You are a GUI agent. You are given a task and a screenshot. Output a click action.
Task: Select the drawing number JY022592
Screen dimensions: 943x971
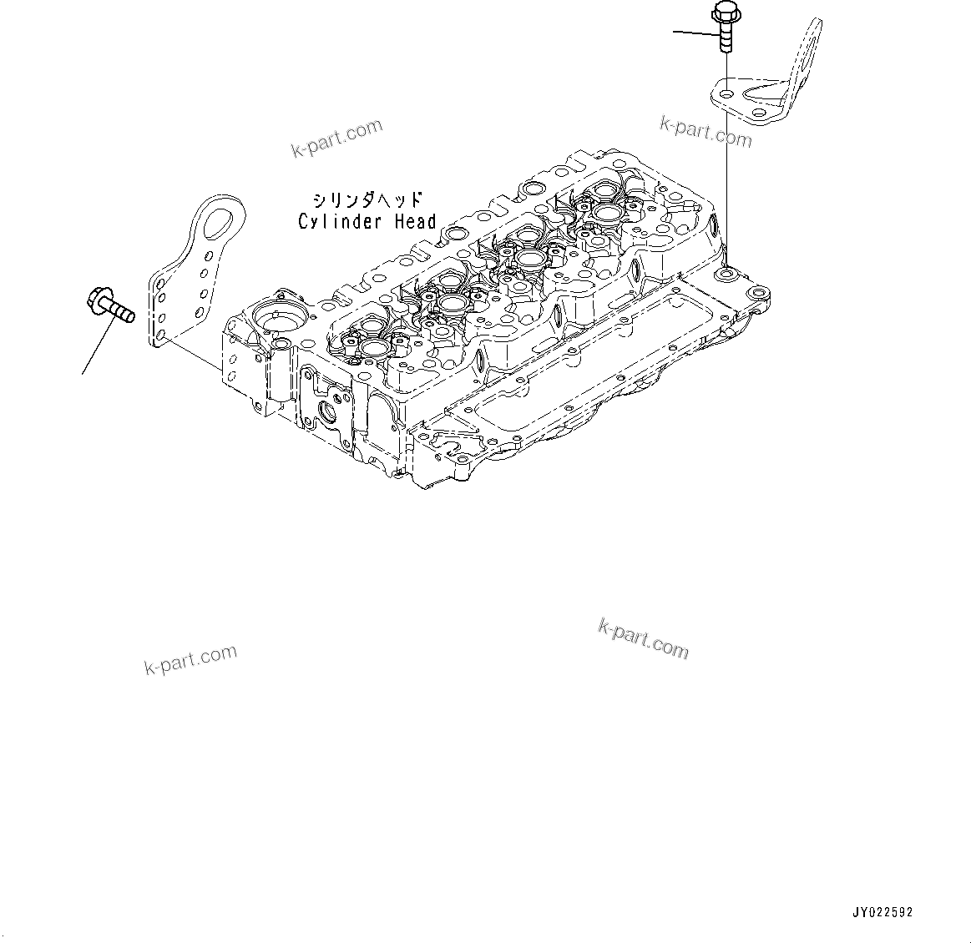[x=883, y=912]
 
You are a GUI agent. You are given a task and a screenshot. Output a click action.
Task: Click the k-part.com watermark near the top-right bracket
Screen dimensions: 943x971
[x=705, y=132]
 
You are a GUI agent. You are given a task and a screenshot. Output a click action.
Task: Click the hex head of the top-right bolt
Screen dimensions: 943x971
[x=722, y=13]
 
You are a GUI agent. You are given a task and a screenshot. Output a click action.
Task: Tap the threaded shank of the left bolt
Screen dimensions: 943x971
[x=121, y=314]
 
